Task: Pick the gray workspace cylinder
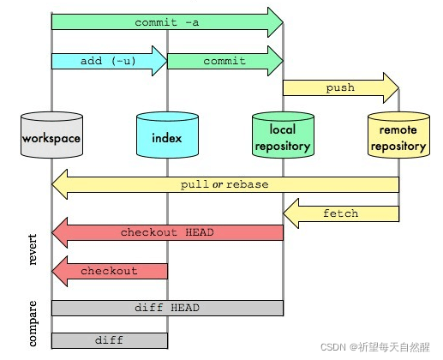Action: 51,136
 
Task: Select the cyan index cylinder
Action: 167,136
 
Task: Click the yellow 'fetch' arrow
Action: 340,213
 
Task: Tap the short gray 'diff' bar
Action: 109,340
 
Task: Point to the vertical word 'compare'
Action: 33,323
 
